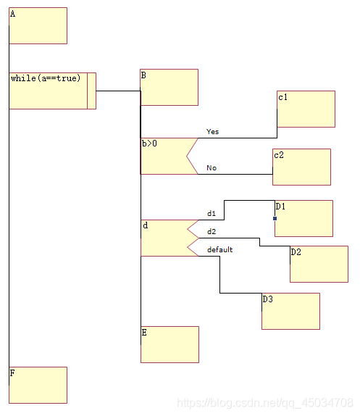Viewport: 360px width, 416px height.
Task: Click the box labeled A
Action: click(x=38, y=26)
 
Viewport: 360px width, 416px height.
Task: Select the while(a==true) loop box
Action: click(x=52, y=91)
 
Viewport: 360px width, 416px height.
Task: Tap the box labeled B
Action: click(x=169, y=87)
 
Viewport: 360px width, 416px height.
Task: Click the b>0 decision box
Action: click(x=164, y=156)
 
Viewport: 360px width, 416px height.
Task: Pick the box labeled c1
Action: click(x=306, y=109)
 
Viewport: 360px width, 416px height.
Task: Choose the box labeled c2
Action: click(x=301, y=167)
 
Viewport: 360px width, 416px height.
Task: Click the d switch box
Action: click(x=164, y=238)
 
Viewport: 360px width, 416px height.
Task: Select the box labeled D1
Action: click(x=304, y=218)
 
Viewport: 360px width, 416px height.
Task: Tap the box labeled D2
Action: click(x=319, y=264)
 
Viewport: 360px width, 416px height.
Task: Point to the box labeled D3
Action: click(x=290, y=311)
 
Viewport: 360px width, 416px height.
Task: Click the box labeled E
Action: click(x=169, y=344)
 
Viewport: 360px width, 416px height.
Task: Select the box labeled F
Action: click(x=38, y=385)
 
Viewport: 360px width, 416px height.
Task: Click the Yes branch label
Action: click(x=213, y=132)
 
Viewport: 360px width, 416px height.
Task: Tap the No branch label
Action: click(x=212, y=168)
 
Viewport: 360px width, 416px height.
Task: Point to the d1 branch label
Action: click(x=212, y=213)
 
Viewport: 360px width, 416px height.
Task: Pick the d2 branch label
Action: click(x=212, y=232)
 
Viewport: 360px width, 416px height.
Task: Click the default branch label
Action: click(x=219, y=249)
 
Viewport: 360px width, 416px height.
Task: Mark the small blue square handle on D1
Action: click(x=275, y=218)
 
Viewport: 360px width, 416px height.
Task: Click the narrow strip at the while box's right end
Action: click(x=92, y=91)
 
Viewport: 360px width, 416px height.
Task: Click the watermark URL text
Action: click(x=265, y=403)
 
